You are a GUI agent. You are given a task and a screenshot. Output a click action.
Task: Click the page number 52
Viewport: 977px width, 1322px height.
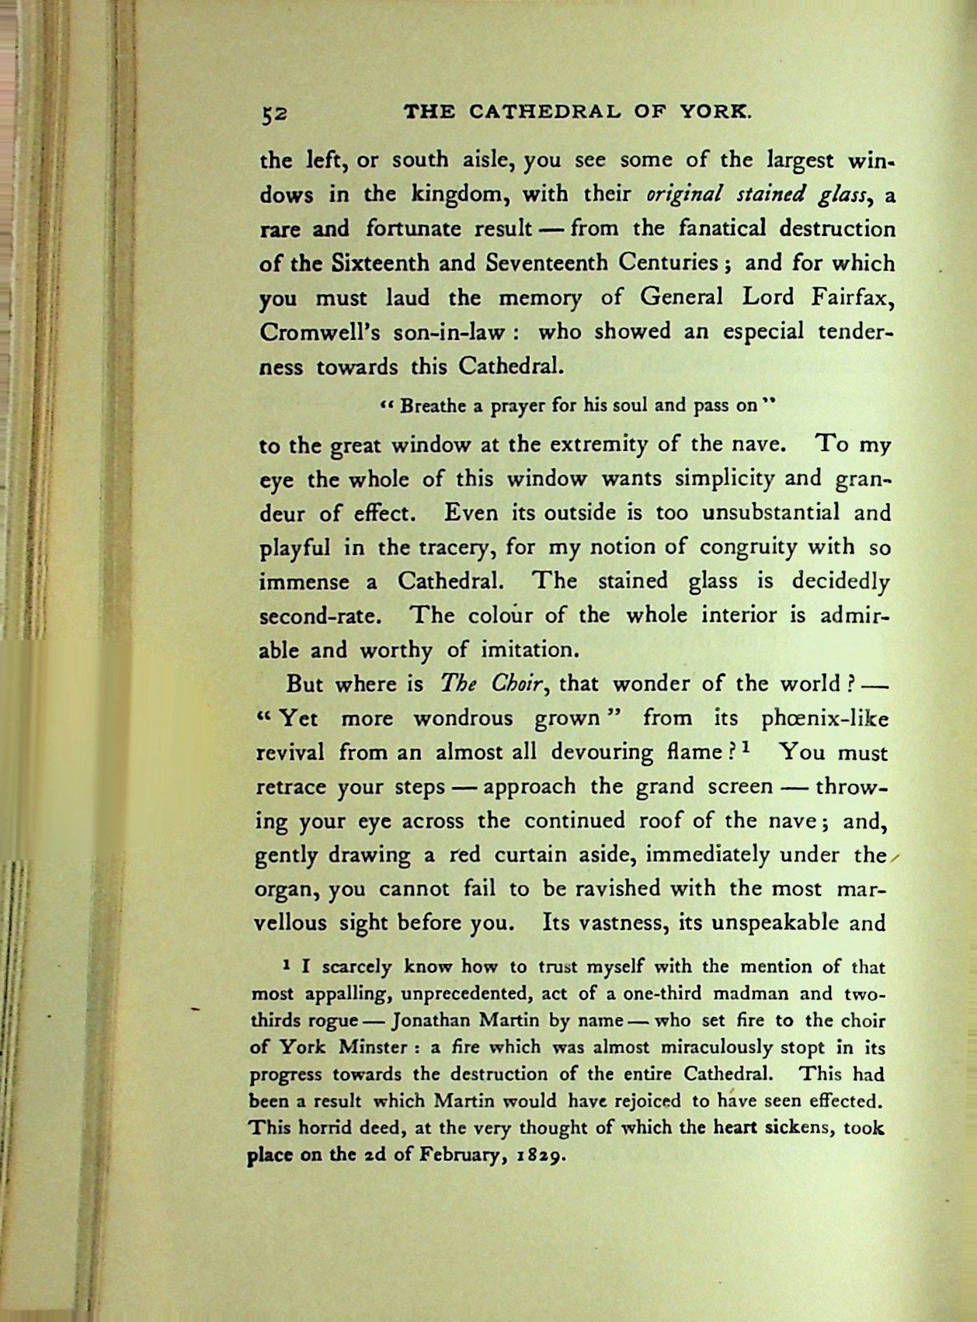(274, 113)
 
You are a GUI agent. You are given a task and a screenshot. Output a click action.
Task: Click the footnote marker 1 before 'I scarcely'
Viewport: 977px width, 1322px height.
(287, 965)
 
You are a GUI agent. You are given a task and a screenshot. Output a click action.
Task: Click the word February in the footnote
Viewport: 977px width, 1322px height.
(458, 1154)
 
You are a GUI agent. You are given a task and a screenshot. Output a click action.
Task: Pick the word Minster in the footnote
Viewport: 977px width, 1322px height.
(374, 1047)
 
